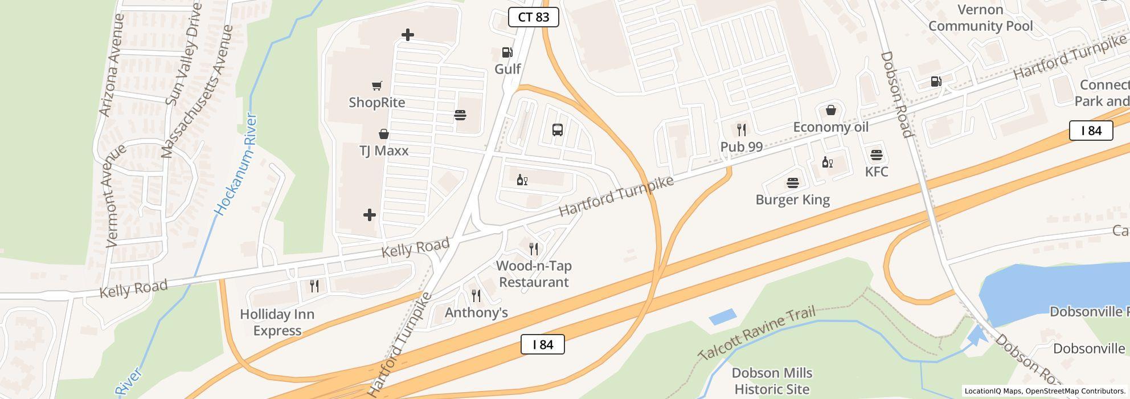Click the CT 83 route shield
tap(533, 17)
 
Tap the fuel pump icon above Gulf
tap(506, 53)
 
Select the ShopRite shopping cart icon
tap(376, 86)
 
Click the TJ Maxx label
tap(383, 151)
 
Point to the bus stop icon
tap(558, 130)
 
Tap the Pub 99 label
tap(741, 147)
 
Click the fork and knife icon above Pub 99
tap(741, 130)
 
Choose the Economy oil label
tap(830, 127)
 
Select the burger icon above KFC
tap(876, 155)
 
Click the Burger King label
tap(792, 200)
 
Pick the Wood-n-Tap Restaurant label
tap(534, 274)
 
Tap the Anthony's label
tap(476, 313)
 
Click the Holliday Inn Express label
tap(277, 323)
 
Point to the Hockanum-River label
tap(235, 165)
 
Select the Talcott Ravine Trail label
tap(756, 333)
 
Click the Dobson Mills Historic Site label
tap(772, 381)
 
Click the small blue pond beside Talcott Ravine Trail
tap(723, 317)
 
